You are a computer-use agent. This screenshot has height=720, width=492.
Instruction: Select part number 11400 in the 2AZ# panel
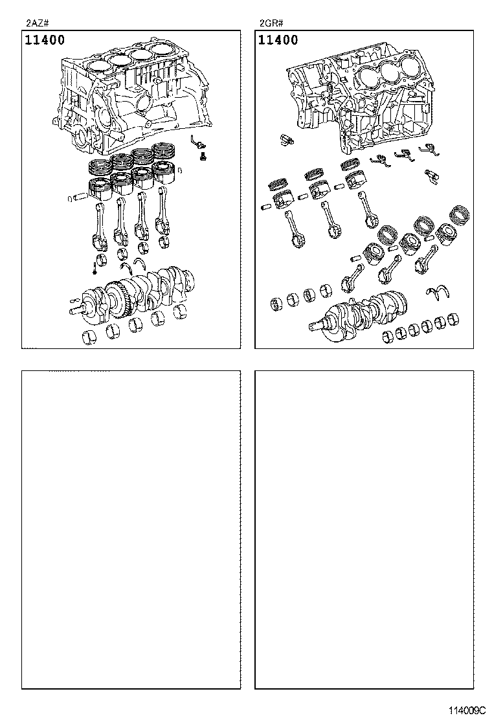click(x=45, y=40)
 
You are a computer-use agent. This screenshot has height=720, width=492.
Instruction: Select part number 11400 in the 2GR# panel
click(x=278, y=40)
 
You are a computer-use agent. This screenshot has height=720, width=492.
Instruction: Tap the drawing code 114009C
click(x=464, y=710)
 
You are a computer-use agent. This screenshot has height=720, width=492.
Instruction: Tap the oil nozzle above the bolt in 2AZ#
click(x=198, y=142)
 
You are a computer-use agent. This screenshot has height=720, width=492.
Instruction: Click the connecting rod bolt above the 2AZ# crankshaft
click(x=95, y=265)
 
